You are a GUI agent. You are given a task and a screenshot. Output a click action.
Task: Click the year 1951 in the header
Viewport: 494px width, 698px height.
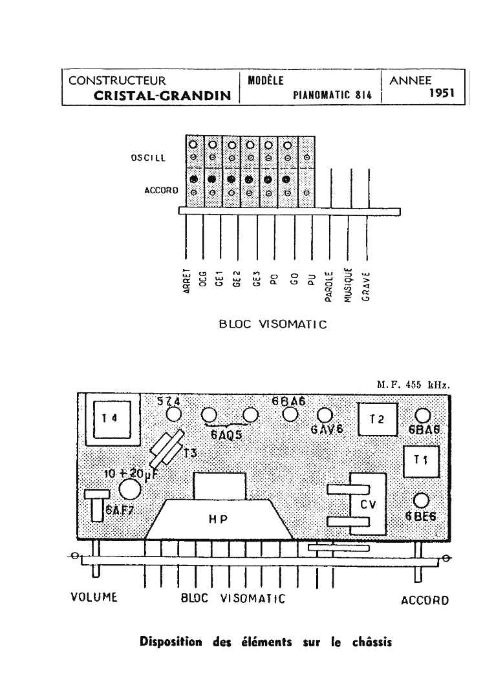coord(442,93)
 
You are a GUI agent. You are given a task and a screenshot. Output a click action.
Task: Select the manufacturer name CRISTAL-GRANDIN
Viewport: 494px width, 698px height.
coord(162,95)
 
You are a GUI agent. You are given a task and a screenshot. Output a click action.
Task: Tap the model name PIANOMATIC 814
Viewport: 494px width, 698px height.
coord(332,94)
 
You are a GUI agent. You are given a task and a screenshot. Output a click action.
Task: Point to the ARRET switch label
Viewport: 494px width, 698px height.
coord(186,282)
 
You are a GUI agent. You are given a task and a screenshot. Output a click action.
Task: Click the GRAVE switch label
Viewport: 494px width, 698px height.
coord(366,284)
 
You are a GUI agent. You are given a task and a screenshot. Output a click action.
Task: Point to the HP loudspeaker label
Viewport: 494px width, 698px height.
coord(218,518)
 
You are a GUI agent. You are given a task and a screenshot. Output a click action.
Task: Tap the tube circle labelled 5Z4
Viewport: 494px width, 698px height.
coord(173,414)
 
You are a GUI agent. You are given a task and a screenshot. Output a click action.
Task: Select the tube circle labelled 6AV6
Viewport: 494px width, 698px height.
coord(325,414)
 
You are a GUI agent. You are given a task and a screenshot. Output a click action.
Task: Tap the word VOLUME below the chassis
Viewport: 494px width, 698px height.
coord(93,597)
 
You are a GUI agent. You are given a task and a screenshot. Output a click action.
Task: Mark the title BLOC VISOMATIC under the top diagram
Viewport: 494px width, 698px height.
coord(273,324)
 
